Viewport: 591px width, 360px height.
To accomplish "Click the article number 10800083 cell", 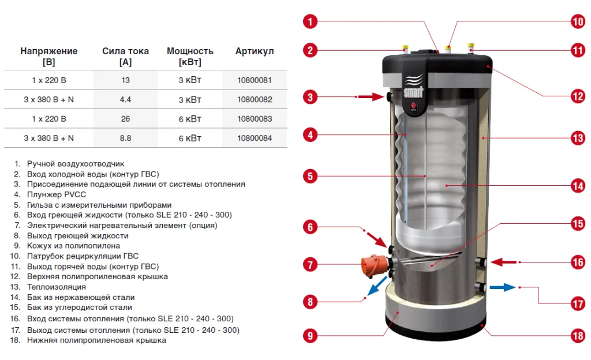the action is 255,119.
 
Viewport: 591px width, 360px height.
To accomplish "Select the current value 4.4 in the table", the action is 125,100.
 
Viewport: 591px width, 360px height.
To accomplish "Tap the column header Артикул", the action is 255,51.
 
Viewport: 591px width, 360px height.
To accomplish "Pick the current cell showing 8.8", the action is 125,138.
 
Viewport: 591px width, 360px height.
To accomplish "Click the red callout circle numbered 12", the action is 578,96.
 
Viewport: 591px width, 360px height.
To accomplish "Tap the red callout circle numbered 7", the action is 310,264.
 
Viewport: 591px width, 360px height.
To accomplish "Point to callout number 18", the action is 578,336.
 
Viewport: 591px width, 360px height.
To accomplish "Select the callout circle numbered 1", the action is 310,21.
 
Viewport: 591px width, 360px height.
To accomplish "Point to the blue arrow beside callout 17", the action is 503,288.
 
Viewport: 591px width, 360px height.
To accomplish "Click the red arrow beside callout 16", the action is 503,262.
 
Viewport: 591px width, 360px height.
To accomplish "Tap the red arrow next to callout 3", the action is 371,97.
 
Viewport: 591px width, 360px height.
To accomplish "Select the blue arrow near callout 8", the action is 377,286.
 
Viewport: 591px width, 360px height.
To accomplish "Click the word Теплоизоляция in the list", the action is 57,287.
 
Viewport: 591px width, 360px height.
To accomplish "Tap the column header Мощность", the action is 190,51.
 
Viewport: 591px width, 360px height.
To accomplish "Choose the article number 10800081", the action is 255,80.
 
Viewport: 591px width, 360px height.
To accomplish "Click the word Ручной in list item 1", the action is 40,164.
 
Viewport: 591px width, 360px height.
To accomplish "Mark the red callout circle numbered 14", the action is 578,186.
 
